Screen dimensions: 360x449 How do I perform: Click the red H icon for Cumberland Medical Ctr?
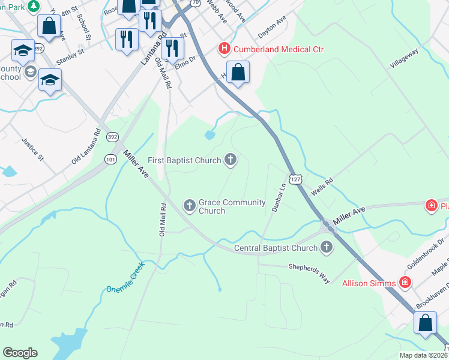pos(224,49)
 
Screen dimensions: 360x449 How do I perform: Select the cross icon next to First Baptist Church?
pos(230,160)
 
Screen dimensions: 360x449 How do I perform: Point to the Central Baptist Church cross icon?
pos(327,247)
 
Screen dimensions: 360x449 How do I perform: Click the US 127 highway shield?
pos(294,179)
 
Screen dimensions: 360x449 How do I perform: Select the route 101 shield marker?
pos(110,159)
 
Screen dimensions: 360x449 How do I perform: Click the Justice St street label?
pos(33,150)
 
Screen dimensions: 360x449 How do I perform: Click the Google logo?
pos(20,353)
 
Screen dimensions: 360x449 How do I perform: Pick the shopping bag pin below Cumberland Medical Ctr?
pos(238,73)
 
